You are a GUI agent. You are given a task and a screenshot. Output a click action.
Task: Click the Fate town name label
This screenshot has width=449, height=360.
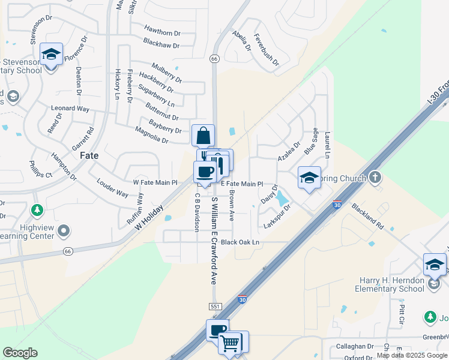[x=89, y=155]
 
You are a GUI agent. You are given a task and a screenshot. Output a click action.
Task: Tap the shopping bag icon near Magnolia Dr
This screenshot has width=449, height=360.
[x=203, y=135]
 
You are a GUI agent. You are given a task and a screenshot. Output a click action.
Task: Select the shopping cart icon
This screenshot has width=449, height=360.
[x=230, y=343]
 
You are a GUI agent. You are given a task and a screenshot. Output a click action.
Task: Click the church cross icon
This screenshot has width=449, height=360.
[x=375, y=177]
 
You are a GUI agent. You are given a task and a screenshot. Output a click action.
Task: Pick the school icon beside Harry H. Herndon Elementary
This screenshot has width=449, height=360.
[x=435, y=265]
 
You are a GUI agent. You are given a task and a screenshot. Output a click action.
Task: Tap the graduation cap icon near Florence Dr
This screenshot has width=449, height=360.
[x=52, y=55]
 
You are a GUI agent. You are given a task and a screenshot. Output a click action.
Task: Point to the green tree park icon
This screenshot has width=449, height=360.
[x=37, y=210]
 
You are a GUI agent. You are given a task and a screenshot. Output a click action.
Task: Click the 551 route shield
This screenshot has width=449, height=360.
[x=215, y=307]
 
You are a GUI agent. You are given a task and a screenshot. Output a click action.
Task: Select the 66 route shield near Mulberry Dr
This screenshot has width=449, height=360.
[x=214, y=59]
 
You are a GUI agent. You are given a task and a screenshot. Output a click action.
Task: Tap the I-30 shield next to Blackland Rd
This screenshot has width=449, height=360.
[x=337, y=204]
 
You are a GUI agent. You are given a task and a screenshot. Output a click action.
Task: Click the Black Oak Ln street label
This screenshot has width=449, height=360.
[x=240, y=242]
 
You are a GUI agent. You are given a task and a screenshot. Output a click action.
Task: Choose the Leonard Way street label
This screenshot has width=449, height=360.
[x=70, y=109]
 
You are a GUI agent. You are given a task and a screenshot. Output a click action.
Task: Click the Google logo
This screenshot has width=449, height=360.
[x=20, y=353]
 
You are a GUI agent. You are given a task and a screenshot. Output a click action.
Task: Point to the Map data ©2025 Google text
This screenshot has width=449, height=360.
[x=411, y=355]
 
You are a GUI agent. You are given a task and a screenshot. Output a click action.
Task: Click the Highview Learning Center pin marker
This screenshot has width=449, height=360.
[x=65, y=230]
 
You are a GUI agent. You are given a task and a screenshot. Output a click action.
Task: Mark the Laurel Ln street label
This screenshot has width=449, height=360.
[x=328, y=145]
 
